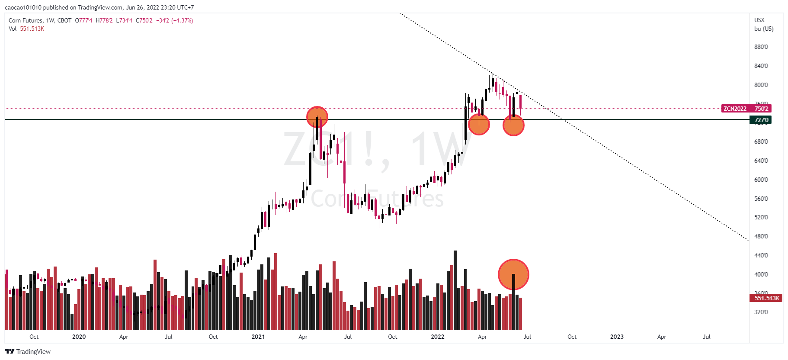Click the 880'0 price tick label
[761, 47]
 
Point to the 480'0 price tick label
[761, 236]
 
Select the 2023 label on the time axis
[617, 337]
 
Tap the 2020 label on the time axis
[79, 337]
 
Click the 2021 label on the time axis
[258, 337]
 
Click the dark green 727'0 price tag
[761, 120]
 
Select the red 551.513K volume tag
[766, 298]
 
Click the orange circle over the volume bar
[513, 274]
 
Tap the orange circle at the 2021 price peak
[317, 117]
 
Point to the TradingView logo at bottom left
[28, 351]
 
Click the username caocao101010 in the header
[23, 7]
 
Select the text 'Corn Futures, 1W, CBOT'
[40, 20]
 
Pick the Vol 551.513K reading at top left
[26, 29]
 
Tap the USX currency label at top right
[759, 20]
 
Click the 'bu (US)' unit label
[763, 29]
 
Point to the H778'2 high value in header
[104, 20]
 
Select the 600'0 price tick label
[761, 180]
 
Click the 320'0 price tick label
[761, 312]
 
